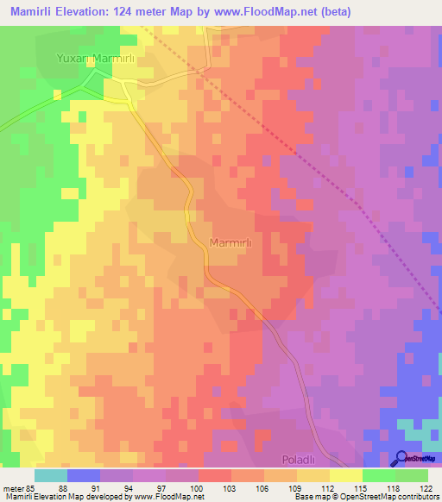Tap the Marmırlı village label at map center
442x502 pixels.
tap(230, 243)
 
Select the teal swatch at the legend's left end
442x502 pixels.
tap(51, 475)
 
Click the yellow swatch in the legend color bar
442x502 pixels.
tap(345, 475)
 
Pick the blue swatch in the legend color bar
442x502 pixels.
tap(84, 475)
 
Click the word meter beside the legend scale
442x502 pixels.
tap(12, 487)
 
